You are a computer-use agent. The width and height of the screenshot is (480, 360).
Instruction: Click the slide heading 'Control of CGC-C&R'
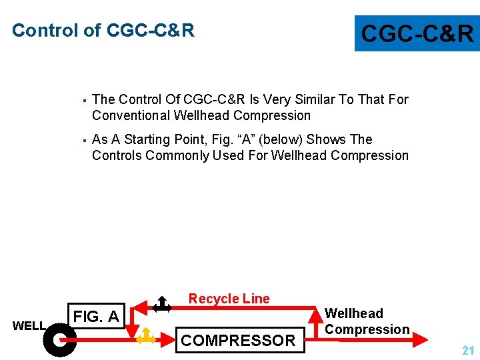coord(103,31)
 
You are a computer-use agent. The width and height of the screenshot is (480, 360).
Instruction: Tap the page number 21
coord(468,350)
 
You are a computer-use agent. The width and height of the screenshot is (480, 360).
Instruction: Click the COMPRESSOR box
coord(238,340)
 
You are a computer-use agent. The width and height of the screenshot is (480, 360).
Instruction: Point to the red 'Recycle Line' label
coord(229,299)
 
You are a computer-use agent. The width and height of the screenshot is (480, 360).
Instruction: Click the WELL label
coord(29,326)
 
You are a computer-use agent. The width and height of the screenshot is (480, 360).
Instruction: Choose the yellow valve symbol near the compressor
coord(145,337)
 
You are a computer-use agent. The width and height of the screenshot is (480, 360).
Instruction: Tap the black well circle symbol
coord(59,339)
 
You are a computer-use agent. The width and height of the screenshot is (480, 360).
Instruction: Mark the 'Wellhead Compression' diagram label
coord(366,321)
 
